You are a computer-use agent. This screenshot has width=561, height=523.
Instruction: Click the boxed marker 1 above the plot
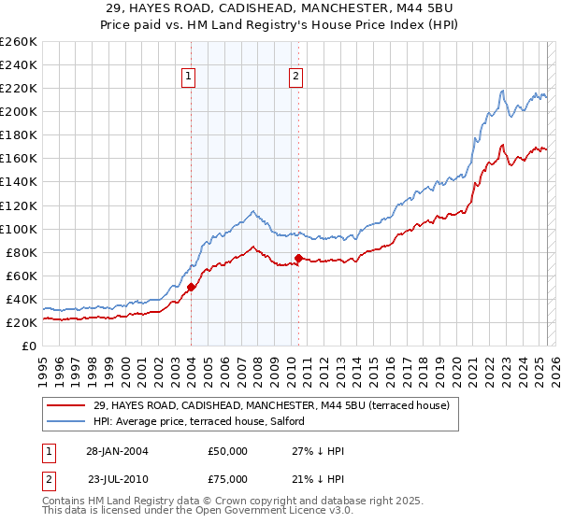pos(189,77)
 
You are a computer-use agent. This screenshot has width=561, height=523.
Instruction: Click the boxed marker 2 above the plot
pos(295,77)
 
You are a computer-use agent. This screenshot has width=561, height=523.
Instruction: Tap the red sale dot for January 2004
pos(191,288)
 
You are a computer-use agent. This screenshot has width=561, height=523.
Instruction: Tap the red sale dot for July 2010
pos(298,258)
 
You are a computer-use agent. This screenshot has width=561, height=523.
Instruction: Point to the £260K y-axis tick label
pos(18,42)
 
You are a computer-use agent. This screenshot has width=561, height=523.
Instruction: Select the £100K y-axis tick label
pos(18,229)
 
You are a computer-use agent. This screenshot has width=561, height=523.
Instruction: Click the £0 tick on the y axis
pos(28,346)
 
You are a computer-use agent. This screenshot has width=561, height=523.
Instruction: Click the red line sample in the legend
pos(67,405)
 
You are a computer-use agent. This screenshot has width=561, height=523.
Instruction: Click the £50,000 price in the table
pos(228,451)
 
